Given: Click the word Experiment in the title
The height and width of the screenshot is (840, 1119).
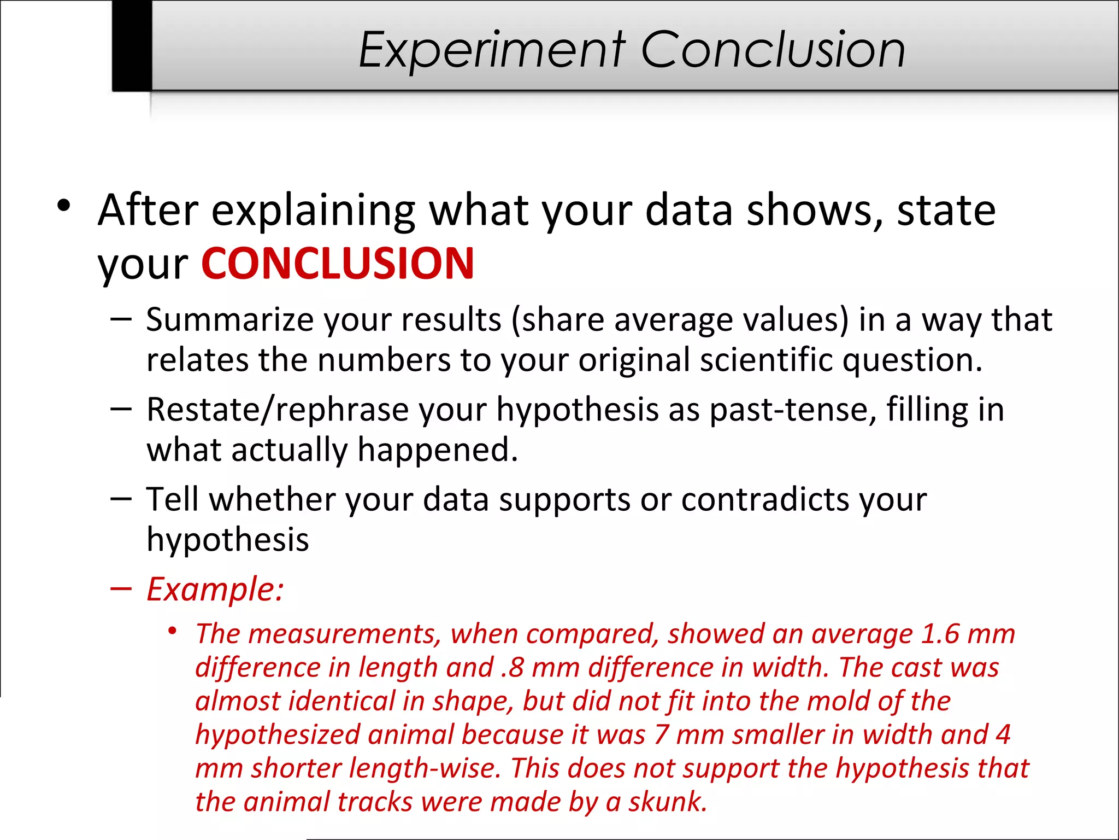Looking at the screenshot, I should (x=492, y=50).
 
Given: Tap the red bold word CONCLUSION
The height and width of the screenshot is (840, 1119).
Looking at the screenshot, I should (x=338, y=264).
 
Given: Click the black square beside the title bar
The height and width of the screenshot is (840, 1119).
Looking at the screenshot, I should (x=132, y=45).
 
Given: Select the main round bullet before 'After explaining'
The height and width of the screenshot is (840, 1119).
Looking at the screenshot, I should (x=64, y=207).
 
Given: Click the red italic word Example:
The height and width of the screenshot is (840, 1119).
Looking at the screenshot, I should (x=215, y=590).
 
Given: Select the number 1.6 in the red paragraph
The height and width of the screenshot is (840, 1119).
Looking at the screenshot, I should (x=940, y=634).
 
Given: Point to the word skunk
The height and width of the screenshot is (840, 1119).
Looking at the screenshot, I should (x=667, y=802).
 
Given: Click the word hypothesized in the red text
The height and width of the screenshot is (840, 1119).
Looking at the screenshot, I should (x=278, y=735).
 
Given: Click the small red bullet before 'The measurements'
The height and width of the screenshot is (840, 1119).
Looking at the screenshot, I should (x=173, y=632).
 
